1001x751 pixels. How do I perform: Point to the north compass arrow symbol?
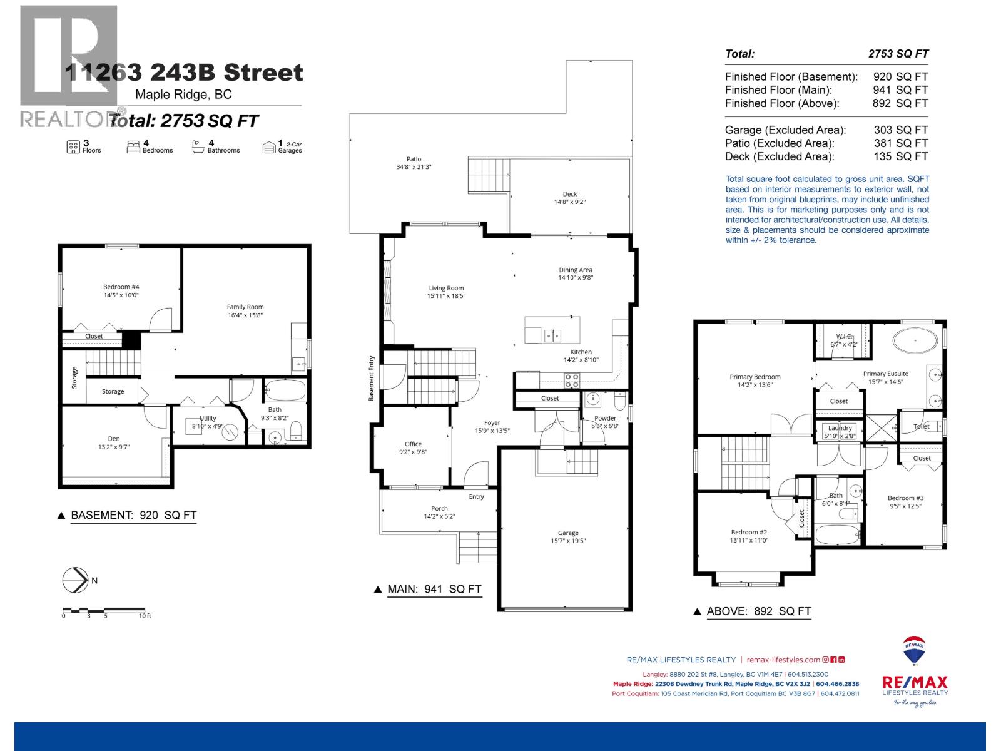coord(75,580)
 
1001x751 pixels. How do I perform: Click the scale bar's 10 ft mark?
coord(145,616)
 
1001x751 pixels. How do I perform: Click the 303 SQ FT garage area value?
coord(900,130)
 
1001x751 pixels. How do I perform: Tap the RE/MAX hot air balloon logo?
coord(914,652)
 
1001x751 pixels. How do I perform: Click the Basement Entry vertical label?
coord(371,379)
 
